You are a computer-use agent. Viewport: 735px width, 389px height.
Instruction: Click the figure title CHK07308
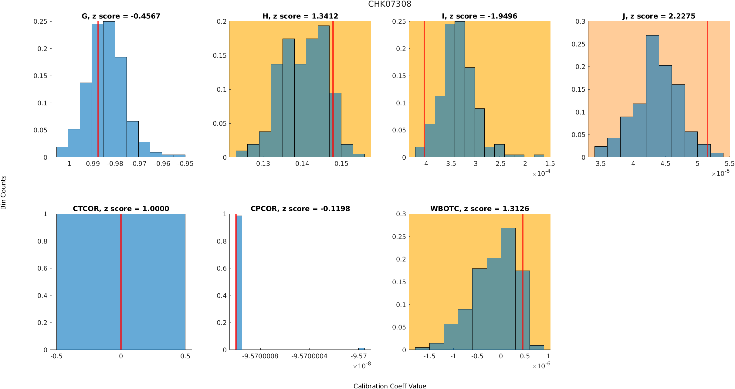[390, 4]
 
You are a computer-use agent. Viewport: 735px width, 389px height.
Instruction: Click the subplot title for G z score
[121, 16]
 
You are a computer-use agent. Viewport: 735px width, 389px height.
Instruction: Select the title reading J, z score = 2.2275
[659, 16]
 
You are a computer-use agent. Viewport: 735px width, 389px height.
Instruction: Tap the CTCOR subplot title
[121, 209]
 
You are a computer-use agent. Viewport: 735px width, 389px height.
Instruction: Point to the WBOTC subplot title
[479, 209]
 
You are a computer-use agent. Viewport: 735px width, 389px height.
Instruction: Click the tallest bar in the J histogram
[652, 97]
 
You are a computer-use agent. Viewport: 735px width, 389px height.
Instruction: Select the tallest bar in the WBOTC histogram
[508, 288]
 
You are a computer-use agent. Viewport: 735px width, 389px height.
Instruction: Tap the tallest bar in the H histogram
[323, 91]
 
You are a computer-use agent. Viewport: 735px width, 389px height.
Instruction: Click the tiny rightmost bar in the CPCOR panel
[361, 349]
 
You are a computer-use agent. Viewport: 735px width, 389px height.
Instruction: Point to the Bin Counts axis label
[4, 193]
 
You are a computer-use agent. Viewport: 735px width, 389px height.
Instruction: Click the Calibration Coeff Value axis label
[390, 386]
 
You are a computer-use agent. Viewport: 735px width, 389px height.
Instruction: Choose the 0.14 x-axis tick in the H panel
[302, 164]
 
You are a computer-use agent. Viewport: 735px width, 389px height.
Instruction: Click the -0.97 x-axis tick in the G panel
[138, 164]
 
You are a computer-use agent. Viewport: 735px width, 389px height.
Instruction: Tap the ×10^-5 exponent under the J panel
[720, 173]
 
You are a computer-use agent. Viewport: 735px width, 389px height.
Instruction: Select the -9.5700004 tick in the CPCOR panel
[309, 356]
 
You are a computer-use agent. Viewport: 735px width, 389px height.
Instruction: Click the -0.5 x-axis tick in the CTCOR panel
[56, 356]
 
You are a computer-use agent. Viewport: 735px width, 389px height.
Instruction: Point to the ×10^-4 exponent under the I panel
[541, 173]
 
